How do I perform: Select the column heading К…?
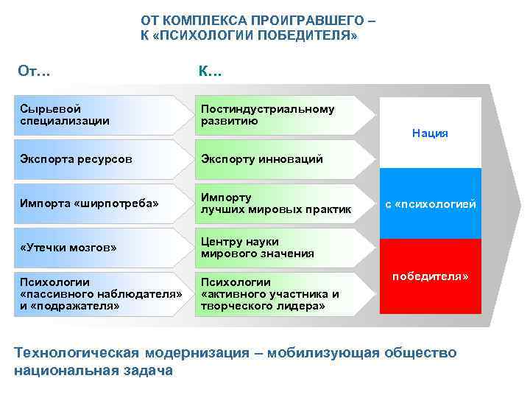[210, 71]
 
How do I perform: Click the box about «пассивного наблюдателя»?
[96, 293]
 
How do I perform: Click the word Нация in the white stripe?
[430, 133]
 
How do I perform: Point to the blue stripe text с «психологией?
[430, 203]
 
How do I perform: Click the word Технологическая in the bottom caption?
[77, 353]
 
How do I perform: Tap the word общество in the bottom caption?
[422, 353]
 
